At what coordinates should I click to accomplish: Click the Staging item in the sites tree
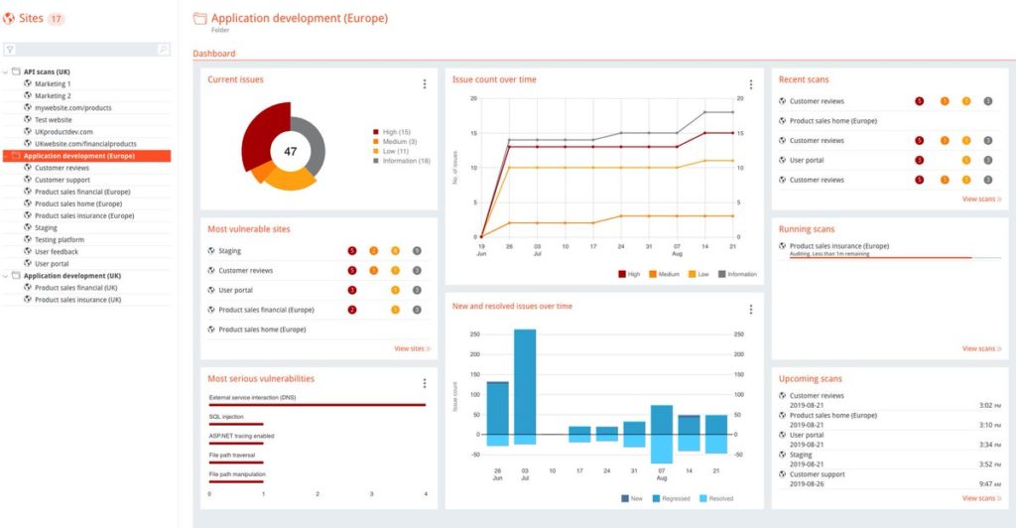pos(46,227)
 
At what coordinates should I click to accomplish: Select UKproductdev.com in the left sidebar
pos(63,131)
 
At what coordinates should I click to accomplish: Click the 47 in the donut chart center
pos(291,152)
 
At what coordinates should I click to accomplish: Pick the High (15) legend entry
pos(396,132)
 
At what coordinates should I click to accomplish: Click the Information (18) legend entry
pos(405,161)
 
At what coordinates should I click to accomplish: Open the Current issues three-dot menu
pos(425,84)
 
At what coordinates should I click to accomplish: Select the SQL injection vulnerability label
pos(226,417)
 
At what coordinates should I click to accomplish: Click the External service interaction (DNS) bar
pos(317,405)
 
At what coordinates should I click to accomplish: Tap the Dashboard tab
pos(214,54)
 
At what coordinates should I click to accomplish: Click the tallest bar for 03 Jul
pos(524,382)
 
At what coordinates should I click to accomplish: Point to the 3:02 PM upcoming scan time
pos(988,405)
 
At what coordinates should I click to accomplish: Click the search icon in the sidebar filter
pos(163,49)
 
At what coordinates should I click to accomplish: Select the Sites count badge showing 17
pos(56,19)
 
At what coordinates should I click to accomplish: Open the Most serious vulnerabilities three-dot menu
pos(425,383)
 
